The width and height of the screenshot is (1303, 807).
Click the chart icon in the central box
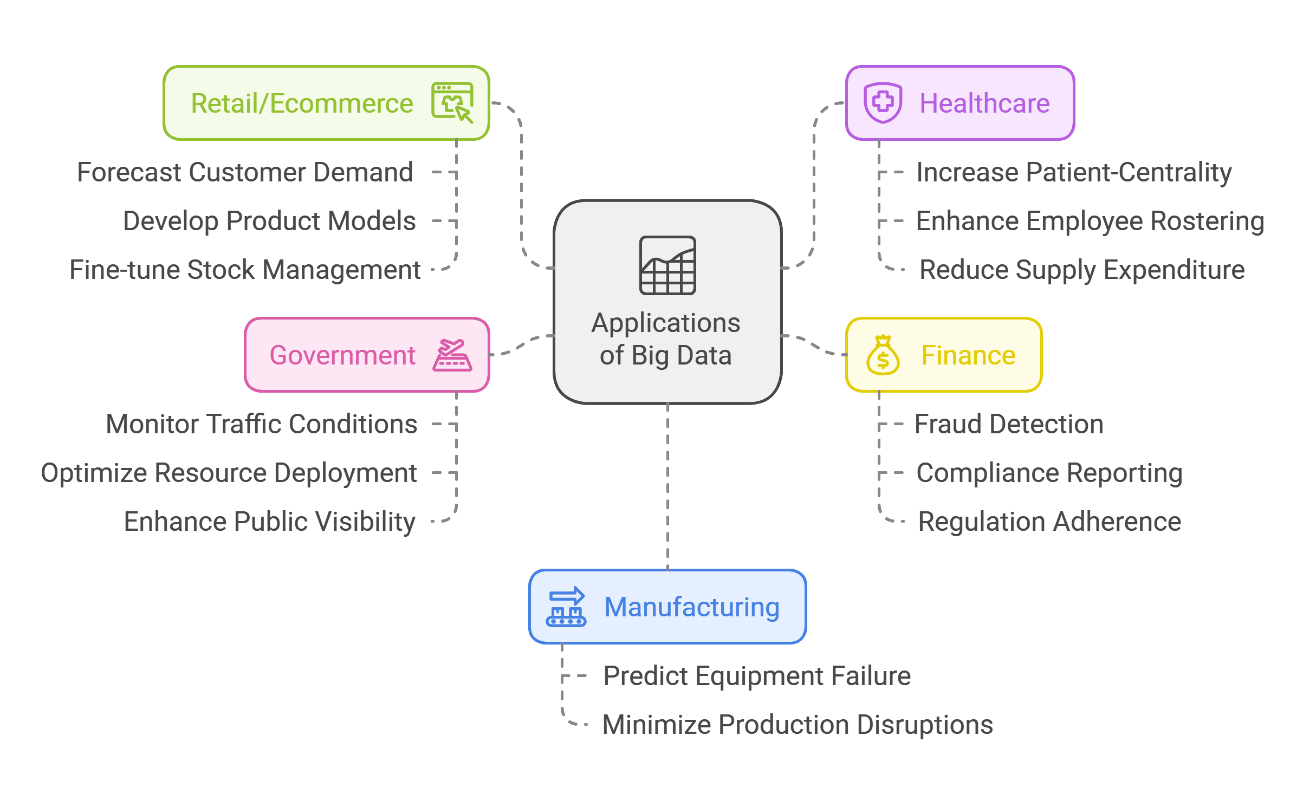[667, 265]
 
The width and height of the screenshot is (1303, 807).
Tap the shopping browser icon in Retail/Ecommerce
[452, 102]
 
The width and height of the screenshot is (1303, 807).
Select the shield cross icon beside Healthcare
[883, 102]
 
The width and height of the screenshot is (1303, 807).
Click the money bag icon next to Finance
[883, 355]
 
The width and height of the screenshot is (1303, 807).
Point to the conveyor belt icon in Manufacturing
[566, 607]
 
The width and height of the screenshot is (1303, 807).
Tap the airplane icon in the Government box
[452, 355]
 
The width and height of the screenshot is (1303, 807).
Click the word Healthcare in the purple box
[984, 103]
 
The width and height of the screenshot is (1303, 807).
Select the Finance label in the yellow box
[968, 355]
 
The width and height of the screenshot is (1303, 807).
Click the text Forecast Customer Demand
[245, 172]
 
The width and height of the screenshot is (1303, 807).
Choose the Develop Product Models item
[269, 221]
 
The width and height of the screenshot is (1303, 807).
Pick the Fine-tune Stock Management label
[245, 270]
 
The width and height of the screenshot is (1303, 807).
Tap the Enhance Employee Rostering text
[1090, 221]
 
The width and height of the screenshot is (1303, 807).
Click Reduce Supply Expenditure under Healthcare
[1082, 270]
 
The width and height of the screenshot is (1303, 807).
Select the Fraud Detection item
[1009, 424]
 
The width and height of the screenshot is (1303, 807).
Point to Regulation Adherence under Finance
[1049, 522]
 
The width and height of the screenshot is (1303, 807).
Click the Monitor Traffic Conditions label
[262, 424]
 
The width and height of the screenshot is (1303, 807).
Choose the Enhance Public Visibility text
[269, 522]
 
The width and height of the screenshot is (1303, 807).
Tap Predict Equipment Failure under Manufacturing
[757, 676]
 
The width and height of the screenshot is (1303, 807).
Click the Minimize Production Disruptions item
[798, 725]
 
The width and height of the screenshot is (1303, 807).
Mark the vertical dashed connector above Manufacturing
[667, 487]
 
